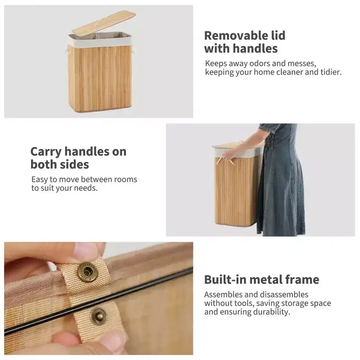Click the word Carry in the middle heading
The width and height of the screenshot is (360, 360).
[x=46, y=152]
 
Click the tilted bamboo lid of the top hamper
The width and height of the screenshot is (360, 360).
[x=104, y=24]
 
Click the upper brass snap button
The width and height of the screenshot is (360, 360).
[x=87, y=272]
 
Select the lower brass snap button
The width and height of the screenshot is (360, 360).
[x=99, y=316]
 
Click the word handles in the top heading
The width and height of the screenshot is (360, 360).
[x=255, y=49]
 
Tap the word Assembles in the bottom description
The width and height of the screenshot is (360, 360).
[x=223, y=295]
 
